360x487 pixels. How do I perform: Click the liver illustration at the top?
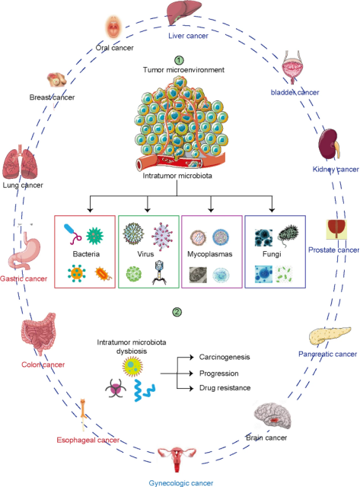184,12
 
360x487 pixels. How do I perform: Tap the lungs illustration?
21,162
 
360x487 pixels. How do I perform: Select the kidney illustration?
329,145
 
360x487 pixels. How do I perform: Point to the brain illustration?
272,415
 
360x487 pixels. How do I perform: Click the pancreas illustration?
330,336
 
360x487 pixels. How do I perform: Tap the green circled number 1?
179,59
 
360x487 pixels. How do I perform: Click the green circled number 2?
177,312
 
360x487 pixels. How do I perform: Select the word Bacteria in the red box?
86,254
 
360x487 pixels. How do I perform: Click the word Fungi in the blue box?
272,254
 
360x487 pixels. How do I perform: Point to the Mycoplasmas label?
209,254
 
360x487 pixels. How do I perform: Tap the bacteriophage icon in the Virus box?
159,272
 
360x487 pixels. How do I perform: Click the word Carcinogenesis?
225,357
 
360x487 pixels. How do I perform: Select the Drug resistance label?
225,388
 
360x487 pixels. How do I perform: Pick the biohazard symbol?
116,388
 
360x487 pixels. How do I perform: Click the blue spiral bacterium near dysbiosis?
145,390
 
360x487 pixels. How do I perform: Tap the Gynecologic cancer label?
181,483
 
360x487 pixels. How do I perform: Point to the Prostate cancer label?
334,250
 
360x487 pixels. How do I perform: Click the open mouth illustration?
113,28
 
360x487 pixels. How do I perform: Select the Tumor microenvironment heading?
183,70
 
